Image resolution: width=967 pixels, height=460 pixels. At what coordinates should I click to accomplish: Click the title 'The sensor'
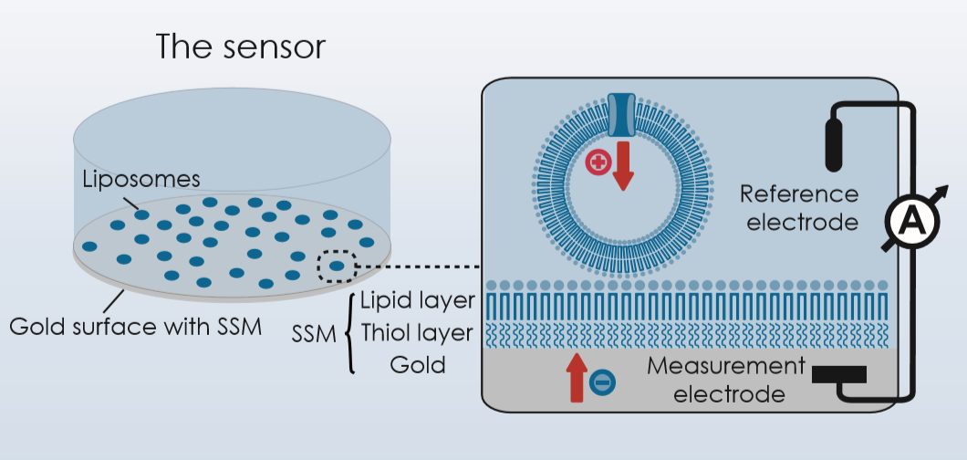coord(240,47)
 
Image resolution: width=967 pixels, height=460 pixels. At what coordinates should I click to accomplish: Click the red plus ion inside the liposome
coord(598,165)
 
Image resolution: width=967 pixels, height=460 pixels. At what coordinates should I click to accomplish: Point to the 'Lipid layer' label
coord(417,300)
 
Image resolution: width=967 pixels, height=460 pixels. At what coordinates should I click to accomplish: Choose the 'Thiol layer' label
coord(417,333)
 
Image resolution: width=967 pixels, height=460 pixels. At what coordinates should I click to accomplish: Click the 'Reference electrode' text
coord(799,208)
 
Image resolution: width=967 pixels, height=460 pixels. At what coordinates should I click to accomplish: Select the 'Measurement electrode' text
coord(727,381)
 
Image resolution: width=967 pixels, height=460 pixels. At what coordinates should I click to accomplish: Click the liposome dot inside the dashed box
coord(338,267)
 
